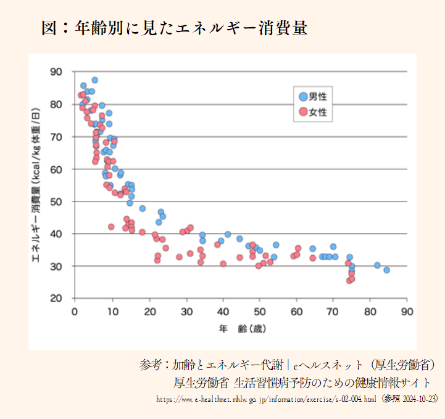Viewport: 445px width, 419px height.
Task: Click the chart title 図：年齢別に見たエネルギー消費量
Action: tap(174, 28)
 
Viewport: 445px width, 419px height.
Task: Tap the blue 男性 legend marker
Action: tap(302, 96)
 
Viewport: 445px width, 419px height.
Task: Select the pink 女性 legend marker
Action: tap(302, 112)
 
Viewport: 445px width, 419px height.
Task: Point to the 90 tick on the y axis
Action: tap(56, 72)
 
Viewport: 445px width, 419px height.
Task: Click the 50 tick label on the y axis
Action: tap(56, 201)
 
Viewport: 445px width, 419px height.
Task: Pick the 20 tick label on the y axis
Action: tap(56, 298)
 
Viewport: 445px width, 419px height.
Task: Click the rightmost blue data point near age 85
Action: tap(386, 270)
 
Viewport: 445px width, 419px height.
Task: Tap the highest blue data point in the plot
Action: tap(94, 80)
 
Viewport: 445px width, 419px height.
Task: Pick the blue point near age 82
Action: tap(377, 265)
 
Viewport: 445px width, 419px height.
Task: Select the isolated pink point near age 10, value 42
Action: tap(111, 227)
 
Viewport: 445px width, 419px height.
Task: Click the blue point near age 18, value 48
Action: tap(143, 208)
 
